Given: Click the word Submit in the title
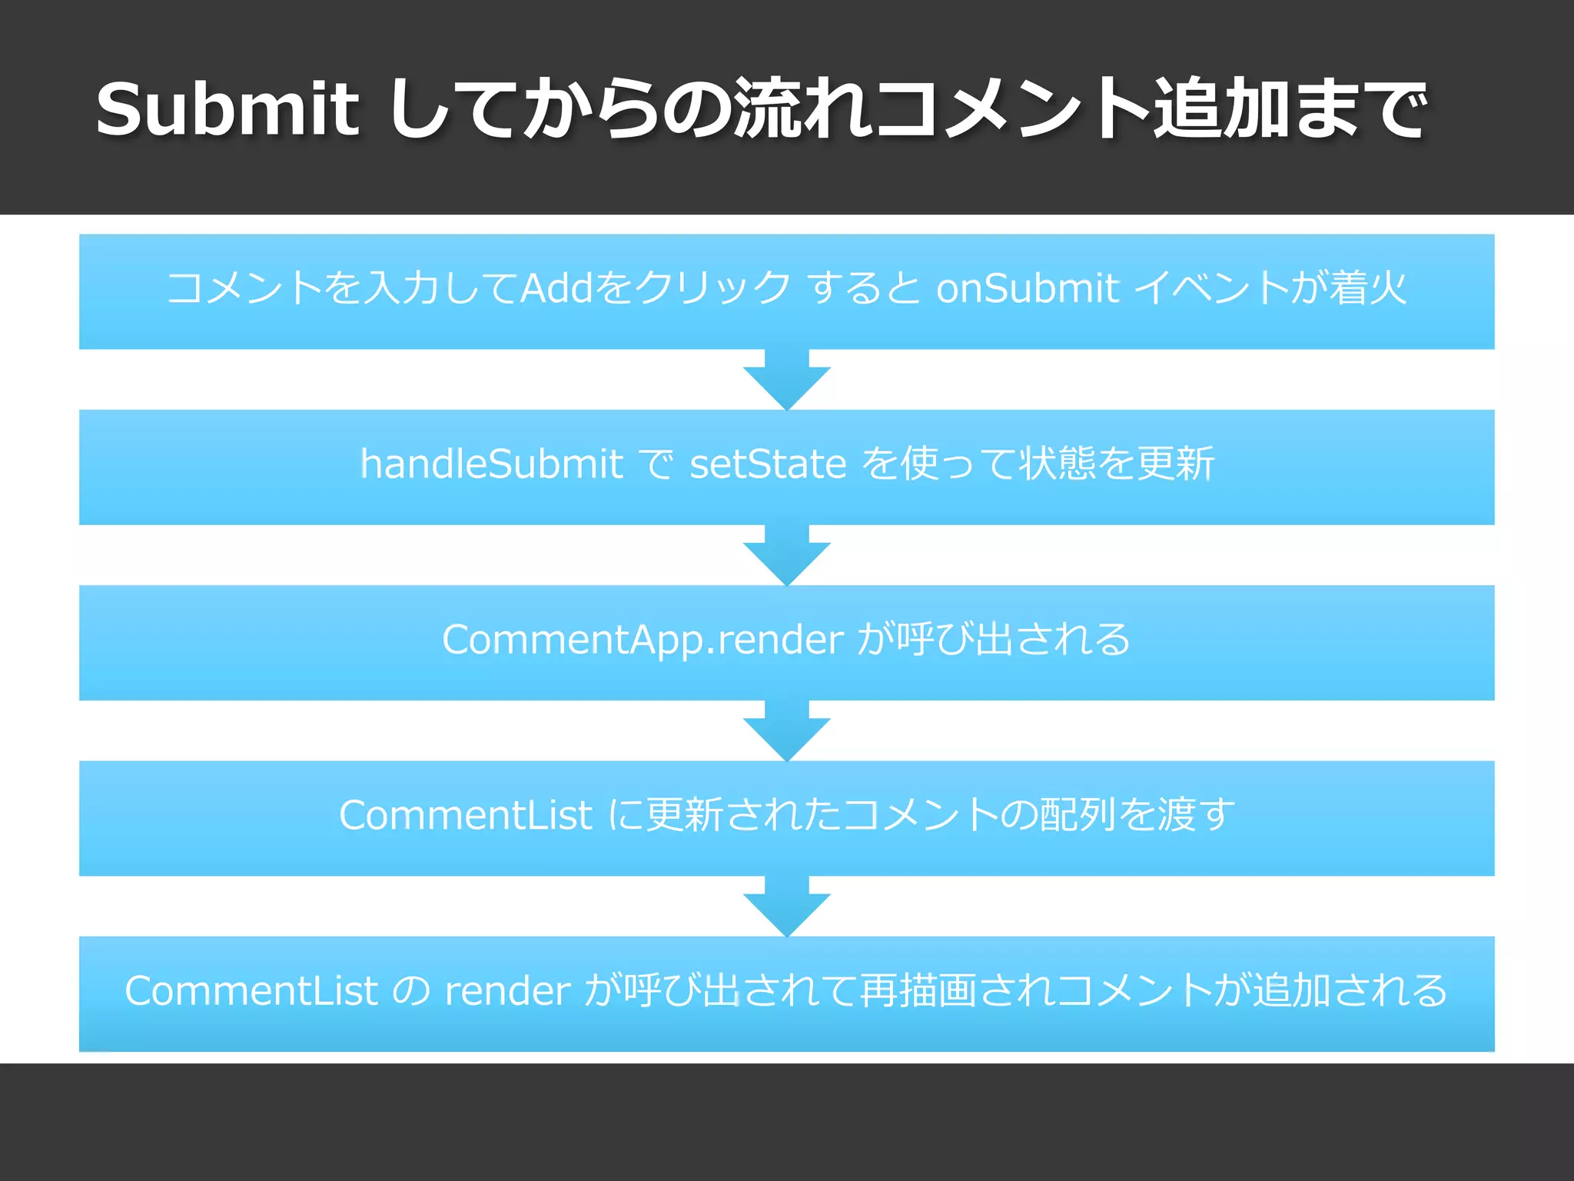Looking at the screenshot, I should [227, 109].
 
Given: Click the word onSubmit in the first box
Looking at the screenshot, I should [1027, 288].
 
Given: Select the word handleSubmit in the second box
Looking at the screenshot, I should [491, 464].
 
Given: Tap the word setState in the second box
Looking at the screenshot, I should [768, 464].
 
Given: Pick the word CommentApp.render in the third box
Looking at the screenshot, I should [643, 640].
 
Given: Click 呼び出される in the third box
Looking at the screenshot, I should [1014, 640].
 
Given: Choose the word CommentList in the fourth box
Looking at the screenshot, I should [465, 815].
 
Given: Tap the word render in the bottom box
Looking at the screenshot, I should [507, 991].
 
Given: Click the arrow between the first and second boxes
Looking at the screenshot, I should [787, 380].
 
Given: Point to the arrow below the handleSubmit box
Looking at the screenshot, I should [787, 555].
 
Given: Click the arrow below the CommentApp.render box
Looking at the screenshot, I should [787, 731].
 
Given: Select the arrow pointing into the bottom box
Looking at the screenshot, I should [787, 907].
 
